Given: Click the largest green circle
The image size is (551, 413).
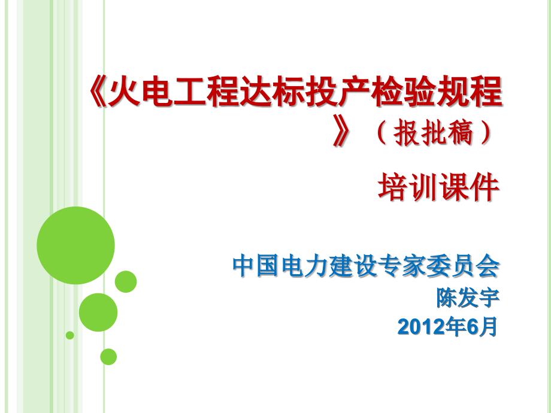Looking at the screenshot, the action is pos(75,245).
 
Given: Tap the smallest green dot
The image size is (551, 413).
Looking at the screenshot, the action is pos(70,335).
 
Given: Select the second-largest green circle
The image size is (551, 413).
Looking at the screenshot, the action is pos(98,312).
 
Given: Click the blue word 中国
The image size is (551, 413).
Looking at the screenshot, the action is pos(256,266).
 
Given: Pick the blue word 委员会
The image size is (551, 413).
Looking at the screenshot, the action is pos(462,266).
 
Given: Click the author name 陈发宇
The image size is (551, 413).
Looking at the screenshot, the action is pos(468,297).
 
